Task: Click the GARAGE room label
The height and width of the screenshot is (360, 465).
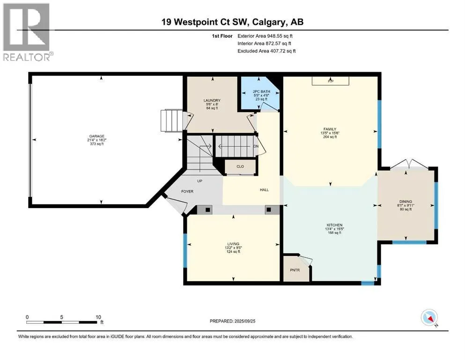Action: pos(96,136)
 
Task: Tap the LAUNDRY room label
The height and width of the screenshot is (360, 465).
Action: pos(212,100)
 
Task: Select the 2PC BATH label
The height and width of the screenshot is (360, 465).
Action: pos(261,91)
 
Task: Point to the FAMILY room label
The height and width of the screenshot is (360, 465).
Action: pos(330,129)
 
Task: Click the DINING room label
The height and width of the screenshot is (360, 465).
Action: pos(406,202)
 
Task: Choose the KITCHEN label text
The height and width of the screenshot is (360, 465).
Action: pos(334,225)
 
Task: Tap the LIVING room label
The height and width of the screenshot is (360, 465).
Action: pos(233,244)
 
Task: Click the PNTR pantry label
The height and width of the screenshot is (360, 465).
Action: pos(295,270)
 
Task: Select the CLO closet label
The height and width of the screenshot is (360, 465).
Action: pos(240,166)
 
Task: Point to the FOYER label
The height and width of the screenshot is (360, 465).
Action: pos(187,191)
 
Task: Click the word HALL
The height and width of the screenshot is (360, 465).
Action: pos(264,190)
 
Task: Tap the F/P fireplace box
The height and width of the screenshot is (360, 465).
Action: pos(330,81)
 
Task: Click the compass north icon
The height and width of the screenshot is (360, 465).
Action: pos(429,317)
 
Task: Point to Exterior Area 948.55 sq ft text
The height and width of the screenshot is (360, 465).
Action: pos(265,36)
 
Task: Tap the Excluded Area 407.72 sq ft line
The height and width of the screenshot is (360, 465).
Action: pos(266,51)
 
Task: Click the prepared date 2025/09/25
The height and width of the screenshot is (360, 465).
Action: pos(245,321)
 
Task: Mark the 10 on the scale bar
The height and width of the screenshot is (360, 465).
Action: pos(98,317)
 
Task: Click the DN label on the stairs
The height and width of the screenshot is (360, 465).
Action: pos(256,146)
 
